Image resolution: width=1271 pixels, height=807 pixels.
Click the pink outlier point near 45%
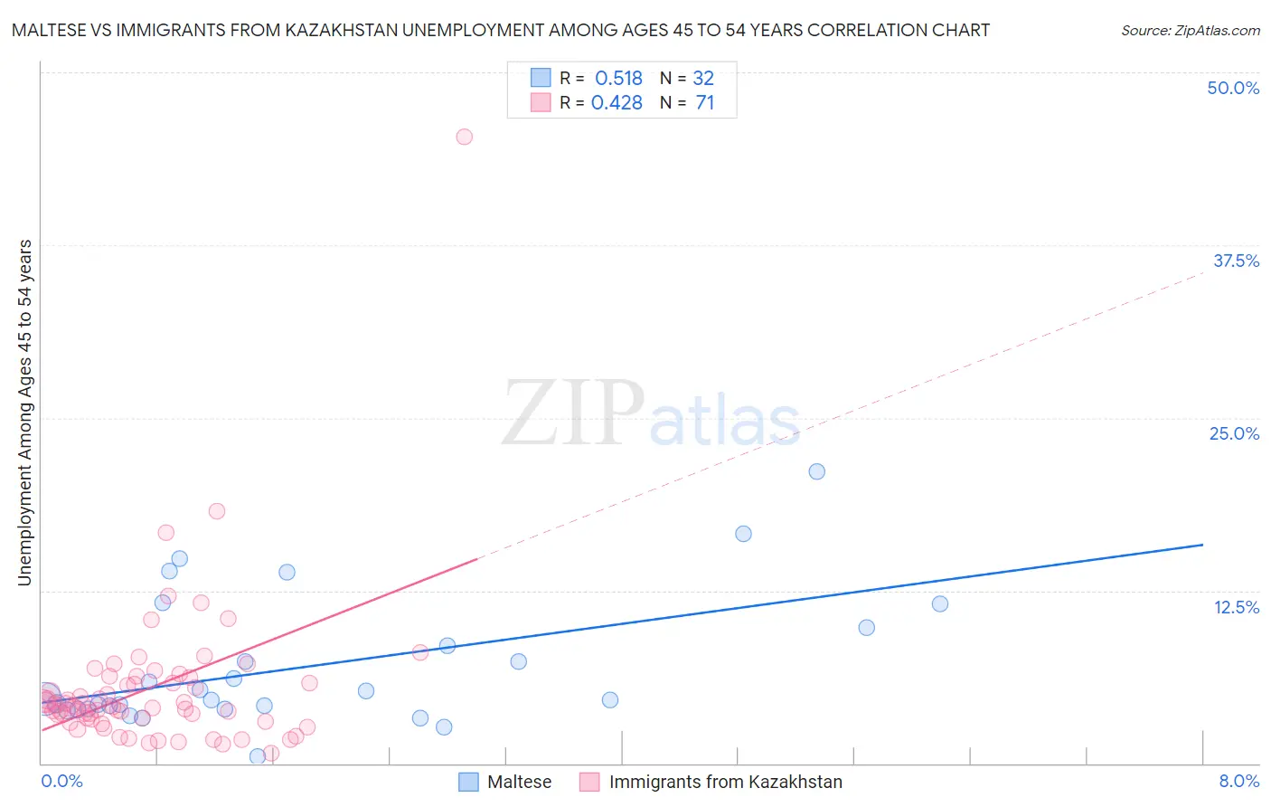click(464, 137)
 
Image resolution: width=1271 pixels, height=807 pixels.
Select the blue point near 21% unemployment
click(816, 471)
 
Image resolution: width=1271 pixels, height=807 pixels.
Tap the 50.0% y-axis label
click(1233, 88)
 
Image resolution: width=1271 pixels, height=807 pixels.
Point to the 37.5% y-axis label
click(1236, 261)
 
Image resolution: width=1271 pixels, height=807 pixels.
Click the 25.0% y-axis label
click(1234, 433)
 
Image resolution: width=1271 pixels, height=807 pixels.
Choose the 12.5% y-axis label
click(1236, 607)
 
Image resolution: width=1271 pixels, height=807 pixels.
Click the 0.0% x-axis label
click(61, 781)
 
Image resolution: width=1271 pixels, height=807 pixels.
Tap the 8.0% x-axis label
click(1238, 781)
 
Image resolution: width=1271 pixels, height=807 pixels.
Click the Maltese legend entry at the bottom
click(519, 782)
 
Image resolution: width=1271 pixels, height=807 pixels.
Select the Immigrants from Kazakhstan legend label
click(725, 782)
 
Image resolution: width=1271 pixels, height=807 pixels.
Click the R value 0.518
click(618, 78)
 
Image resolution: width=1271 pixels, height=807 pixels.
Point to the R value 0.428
click(617, 102)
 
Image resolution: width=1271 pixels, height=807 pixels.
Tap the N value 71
click(705, 102)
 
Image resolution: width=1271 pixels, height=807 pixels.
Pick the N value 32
click(703, 78)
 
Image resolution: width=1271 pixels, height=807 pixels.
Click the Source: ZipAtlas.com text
click(1190, 30)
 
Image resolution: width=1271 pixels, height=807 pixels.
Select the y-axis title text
click(24, 413)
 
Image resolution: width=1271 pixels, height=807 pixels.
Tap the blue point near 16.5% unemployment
click(743, 534)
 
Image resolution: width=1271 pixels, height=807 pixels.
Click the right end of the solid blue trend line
click(1202, 545)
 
